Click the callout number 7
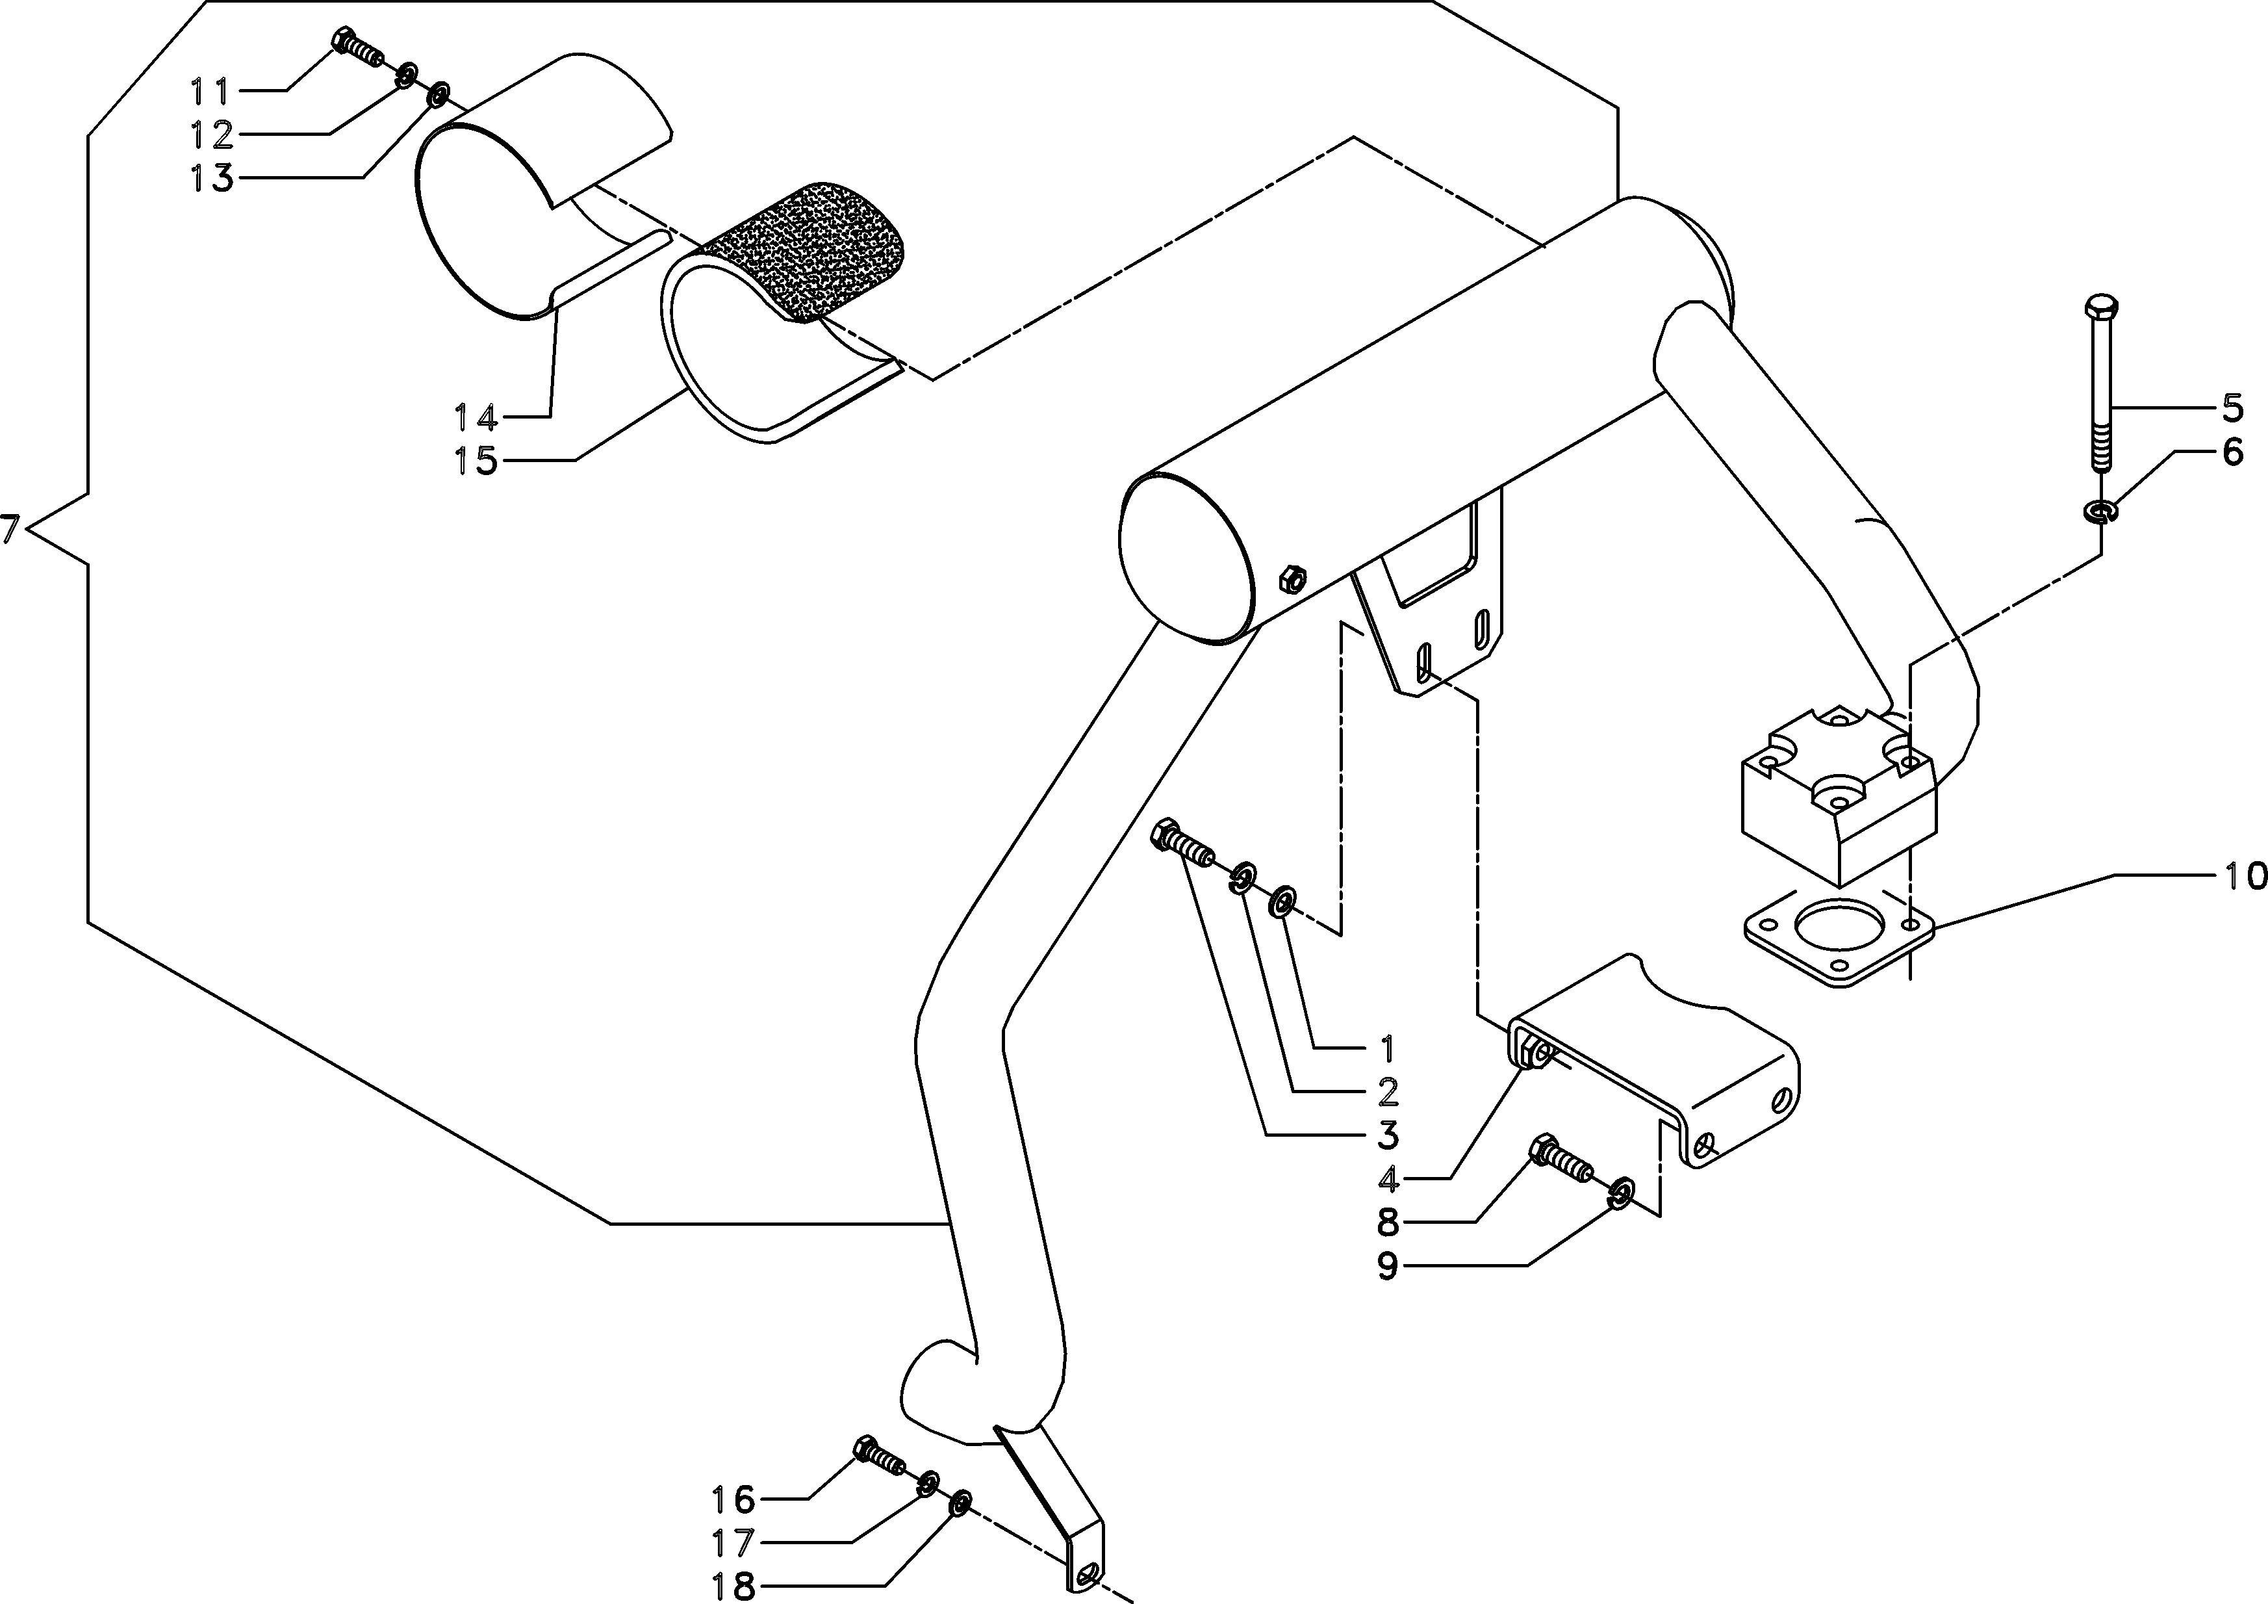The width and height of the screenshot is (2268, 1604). pos(10,530)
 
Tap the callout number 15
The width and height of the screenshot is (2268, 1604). pos(475,461)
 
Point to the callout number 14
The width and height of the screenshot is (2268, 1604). pos(475,418)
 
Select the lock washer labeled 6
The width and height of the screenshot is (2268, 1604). pos(2101,511)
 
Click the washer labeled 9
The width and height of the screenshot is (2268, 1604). pos(1620,1192)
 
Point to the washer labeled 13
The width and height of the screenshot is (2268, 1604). pos(437,96)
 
